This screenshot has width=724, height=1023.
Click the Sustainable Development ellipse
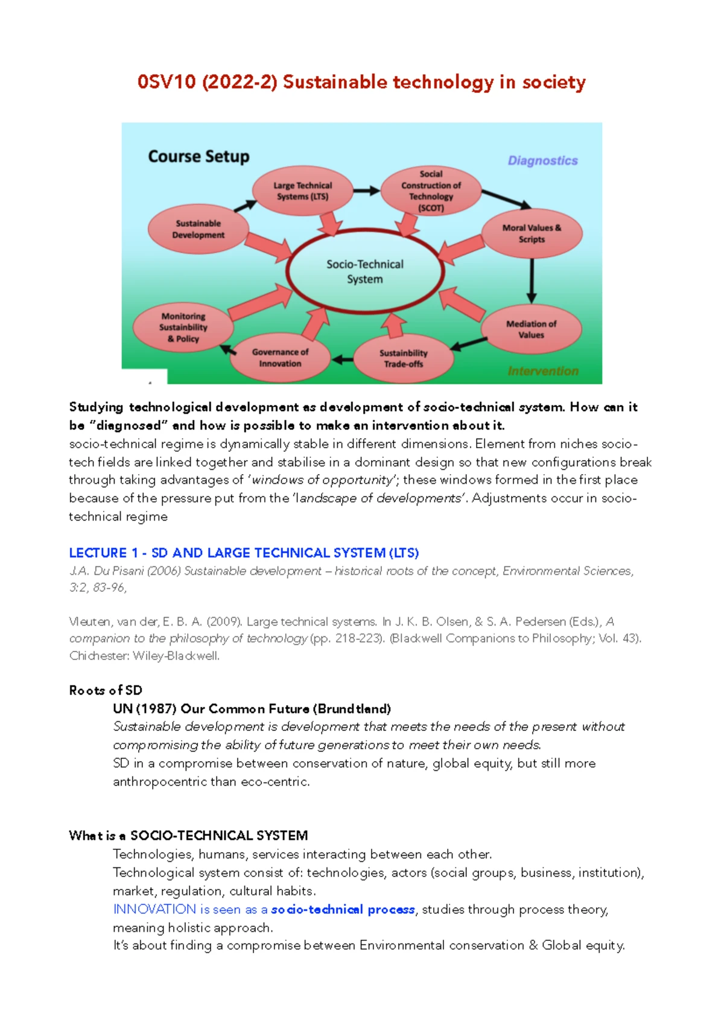[x=198, y=229]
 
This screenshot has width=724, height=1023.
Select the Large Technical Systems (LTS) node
[x=302, y=191]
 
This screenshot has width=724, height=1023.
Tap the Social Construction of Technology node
[x=431, y=191]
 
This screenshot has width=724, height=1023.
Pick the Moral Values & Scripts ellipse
[x=532, y=233]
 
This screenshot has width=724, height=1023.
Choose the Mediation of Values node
[x=531, y=329]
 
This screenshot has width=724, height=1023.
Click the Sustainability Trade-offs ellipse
[x=403, y=358]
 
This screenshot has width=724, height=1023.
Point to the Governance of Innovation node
[x=280, y=358]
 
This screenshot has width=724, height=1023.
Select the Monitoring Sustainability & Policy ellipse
[x=183, y=328]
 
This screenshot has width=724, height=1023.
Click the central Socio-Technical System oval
[x=364, y=271]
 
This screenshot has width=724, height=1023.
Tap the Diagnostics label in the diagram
[x=542, y=160]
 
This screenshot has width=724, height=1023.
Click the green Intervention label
[x=542, y=371]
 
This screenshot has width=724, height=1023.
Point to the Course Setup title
[x=198, y=157]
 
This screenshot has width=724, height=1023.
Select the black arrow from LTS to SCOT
[x=366, y=191]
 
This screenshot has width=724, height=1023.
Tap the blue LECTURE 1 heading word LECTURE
[x=98, y=553]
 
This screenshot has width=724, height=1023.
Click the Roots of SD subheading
[x=106, y=690]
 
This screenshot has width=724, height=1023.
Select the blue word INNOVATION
[x=154, y=909]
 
